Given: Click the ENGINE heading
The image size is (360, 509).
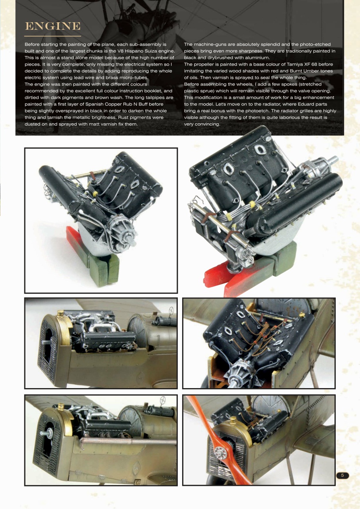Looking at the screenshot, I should [53, 26].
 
